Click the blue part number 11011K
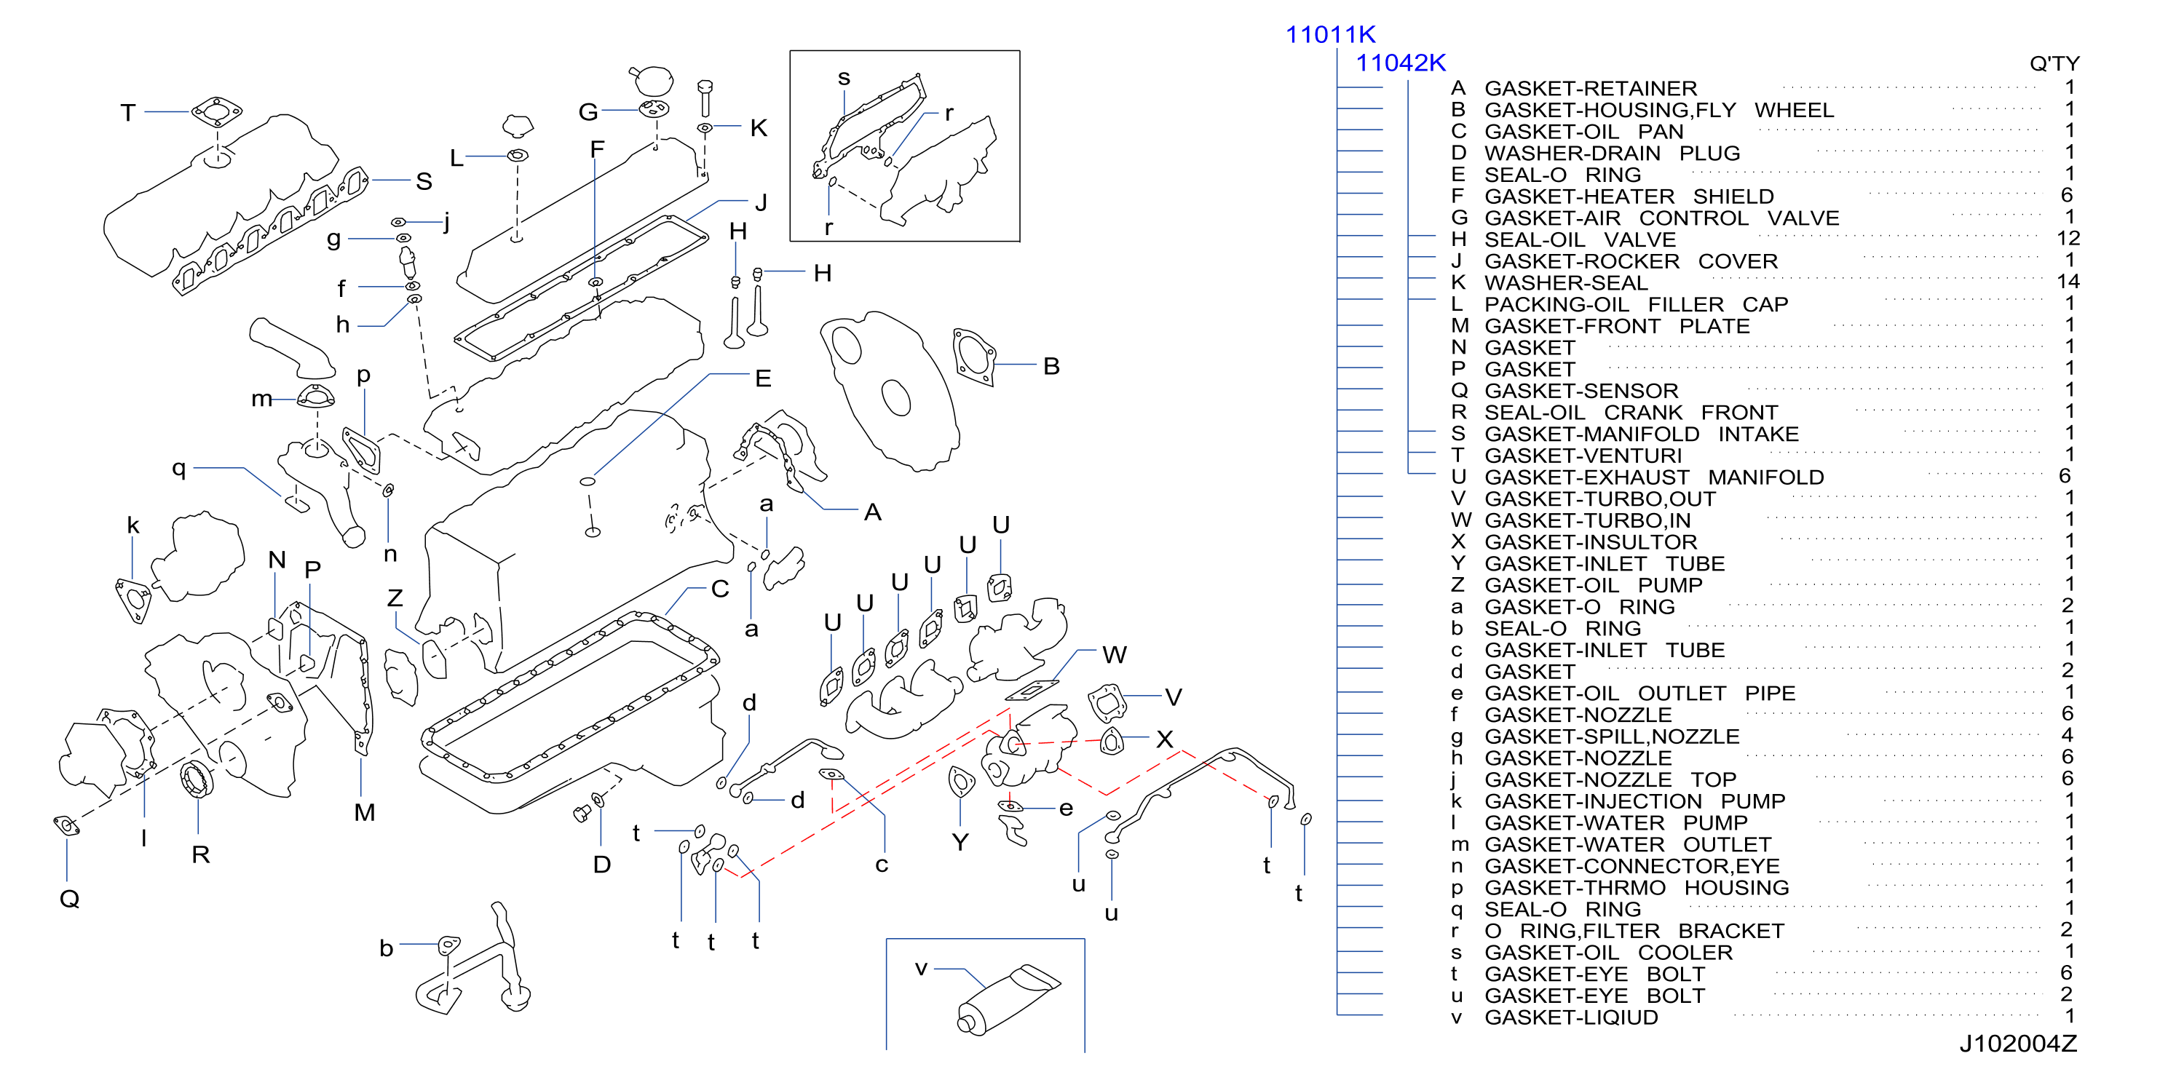(x=1331, y=34)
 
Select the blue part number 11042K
(x=1401, y=62)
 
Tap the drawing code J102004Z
(x=2017, y=1043)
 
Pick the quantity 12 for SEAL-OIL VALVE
(x=2068, y=238)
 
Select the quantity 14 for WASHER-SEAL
(x=2068, y=282)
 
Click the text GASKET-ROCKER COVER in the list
(x=1631, y=261)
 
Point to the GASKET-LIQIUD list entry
(x=1571, y=1017)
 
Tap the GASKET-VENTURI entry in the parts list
(x=1583, y=456)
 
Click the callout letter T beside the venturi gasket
(x=127, y=112)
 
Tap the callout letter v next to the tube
(x=922, y=969)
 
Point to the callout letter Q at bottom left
(x=70, y=899)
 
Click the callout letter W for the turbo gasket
(x=1115, y=654)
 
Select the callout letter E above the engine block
(x=763, y=378)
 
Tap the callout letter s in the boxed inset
(x=844, y=79)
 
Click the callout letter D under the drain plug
(x=602, y=865)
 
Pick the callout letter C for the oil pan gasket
(x=720, y=589)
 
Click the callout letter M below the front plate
(x=365, y=811)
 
